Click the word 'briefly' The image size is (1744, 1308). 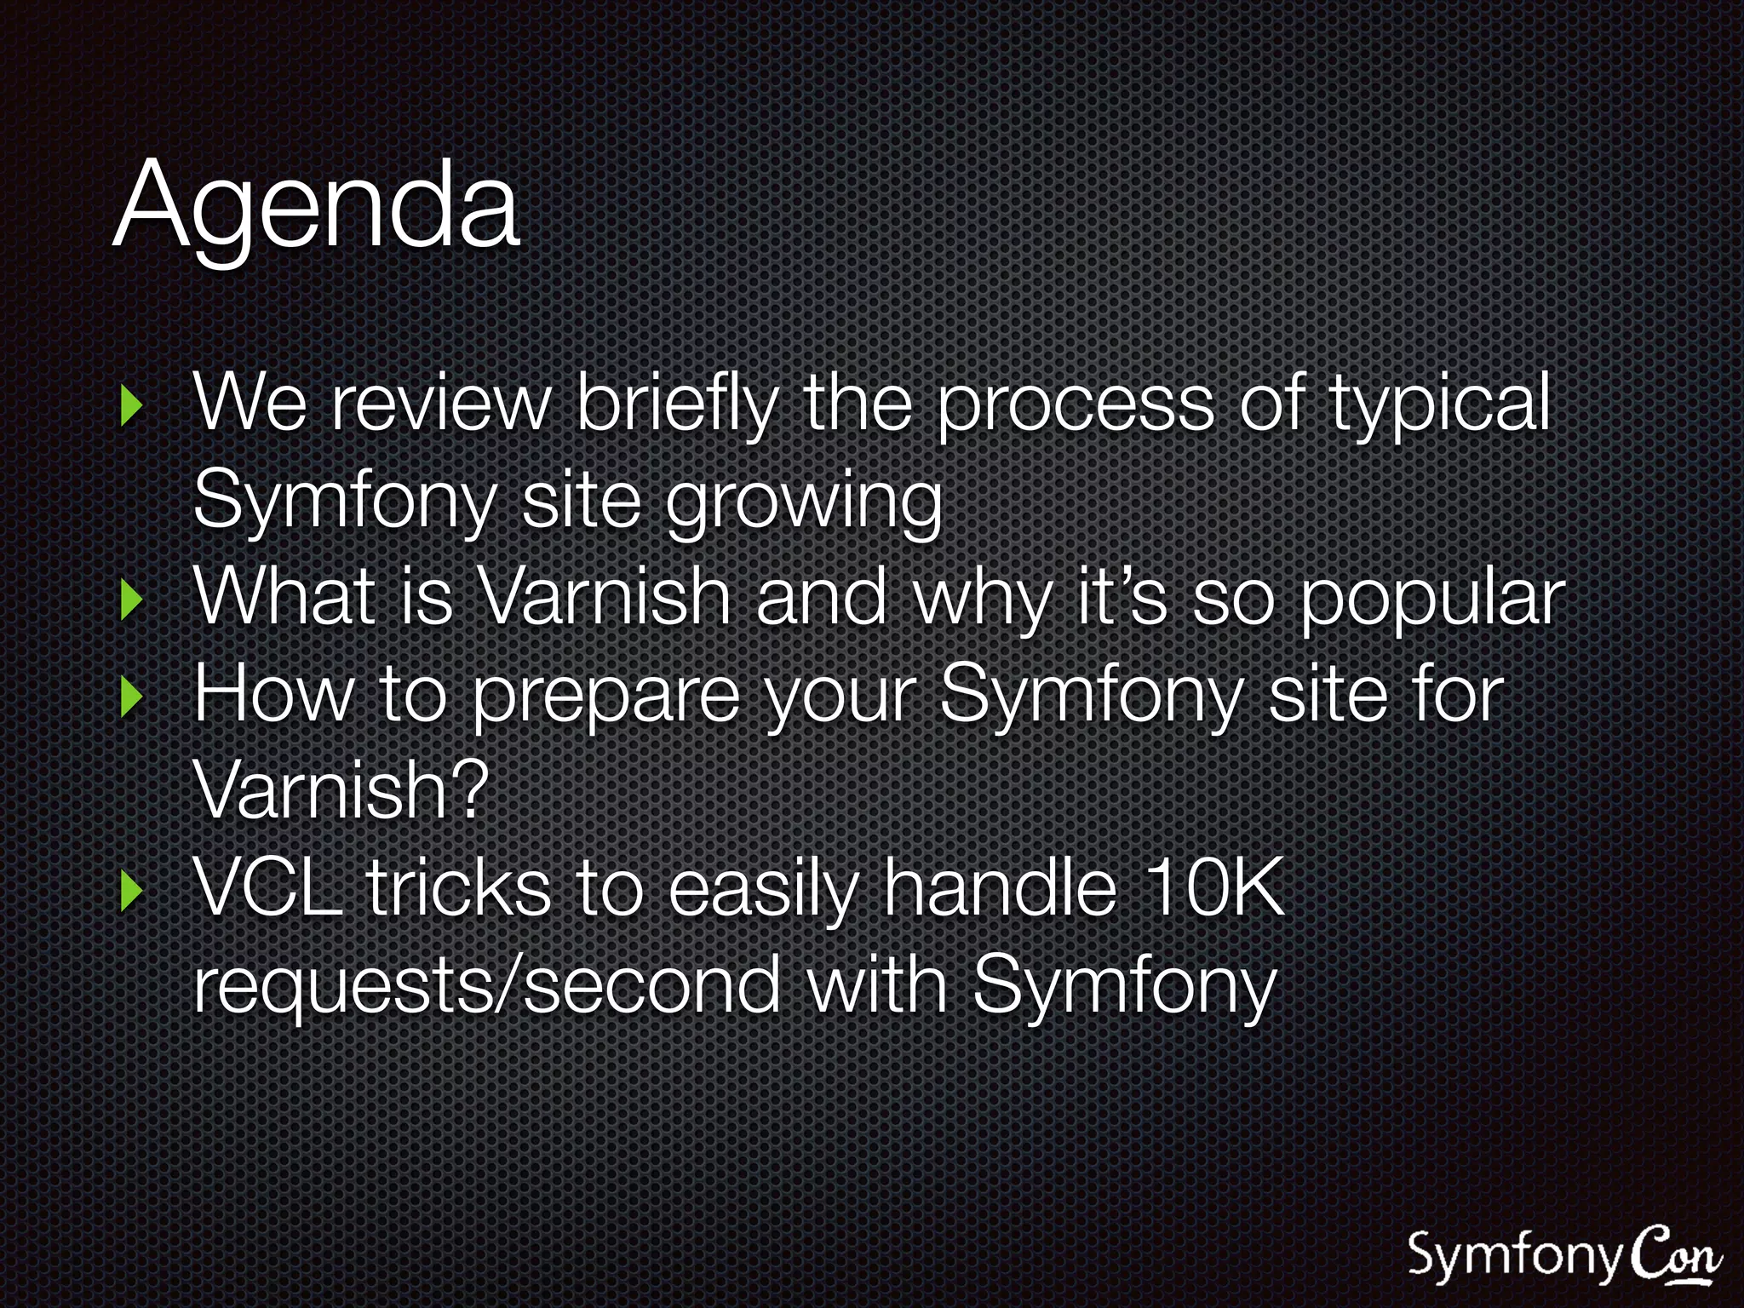tap(676, 404)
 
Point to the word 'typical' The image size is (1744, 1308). tap(1438, 404)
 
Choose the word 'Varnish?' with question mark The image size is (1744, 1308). tap(340, 790)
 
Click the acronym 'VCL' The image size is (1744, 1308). tap(267, 887)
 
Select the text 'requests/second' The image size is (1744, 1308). tap(486, 985)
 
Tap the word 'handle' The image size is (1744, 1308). tap(998, 887)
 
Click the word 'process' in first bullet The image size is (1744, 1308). tap(1075, 405)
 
